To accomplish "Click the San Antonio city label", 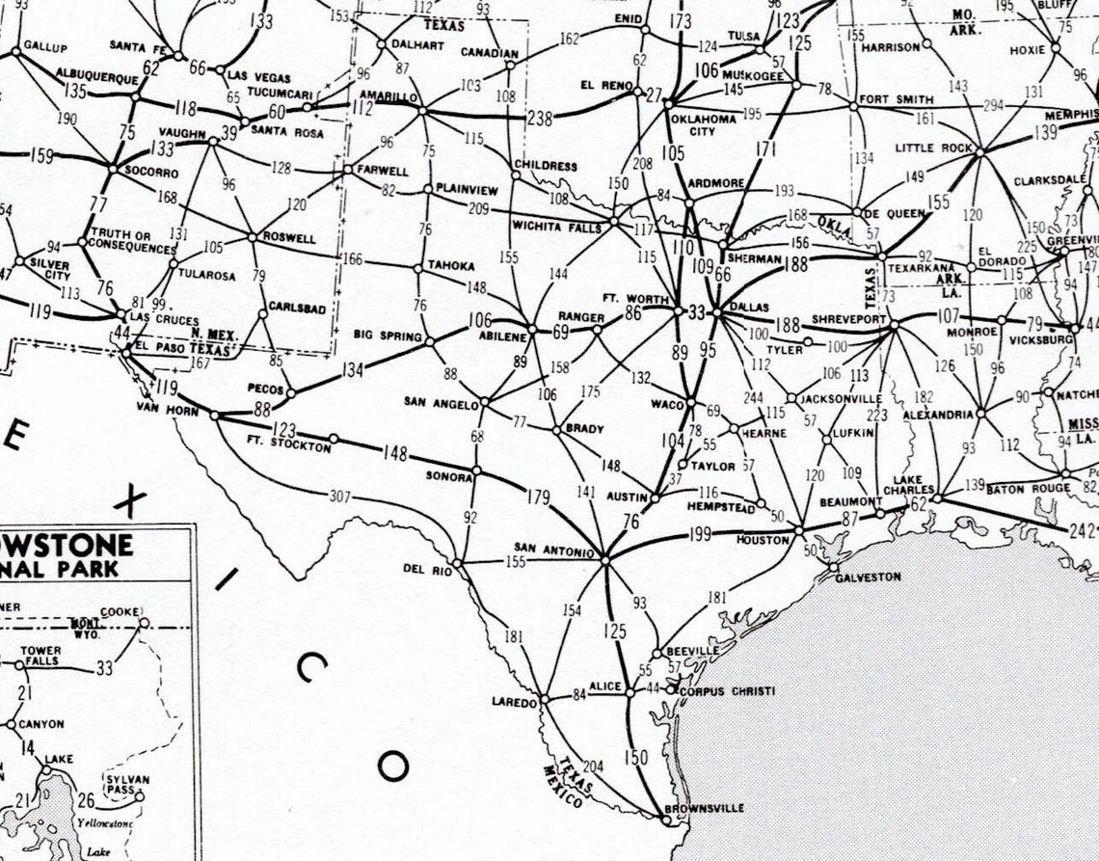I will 553,552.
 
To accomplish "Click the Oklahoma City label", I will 703,124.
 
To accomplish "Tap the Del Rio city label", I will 427,570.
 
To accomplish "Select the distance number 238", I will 541,119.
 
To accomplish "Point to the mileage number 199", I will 700,535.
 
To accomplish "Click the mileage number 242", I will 1083,531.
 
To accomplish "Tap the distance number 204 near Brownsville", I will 594,767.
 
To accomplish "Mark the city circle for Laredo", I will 545,699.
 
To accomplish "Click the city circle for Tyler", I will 807,341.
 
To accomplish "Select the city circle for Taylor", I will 683,465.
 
